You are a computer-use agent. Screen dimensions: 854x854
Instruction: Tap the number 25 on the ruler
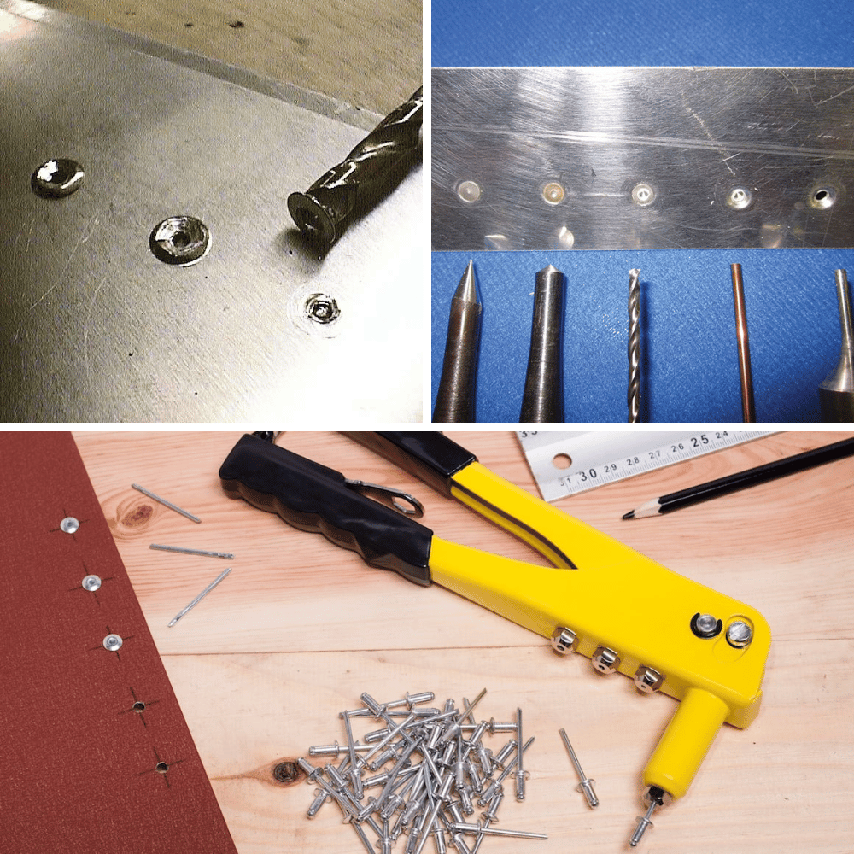click(700, 442)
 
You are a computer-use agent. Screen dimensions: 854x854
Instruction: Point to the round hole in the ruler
click(561, 461)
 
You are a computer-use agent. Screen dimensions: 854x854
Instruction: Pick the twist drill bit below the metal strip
click(634, 342)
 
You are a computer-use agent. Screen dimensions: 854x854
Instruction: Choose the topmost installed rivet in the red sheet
click(69, 524)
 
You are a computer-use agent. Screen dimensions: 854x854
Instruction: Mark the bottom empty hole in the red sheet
click(161, 766)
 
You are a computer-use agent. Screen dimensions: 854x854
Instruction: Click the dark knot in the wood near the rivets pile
click(284, 772)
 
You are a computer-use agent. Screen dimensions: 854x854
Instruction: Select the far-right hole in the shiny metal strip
click(823, 197)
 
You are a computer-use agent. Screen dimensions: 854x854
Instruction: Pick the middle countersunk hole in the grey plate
click(179, 239)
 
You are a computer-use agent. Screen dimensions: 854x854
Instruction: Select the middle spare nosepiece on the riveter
click(605, 658)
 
